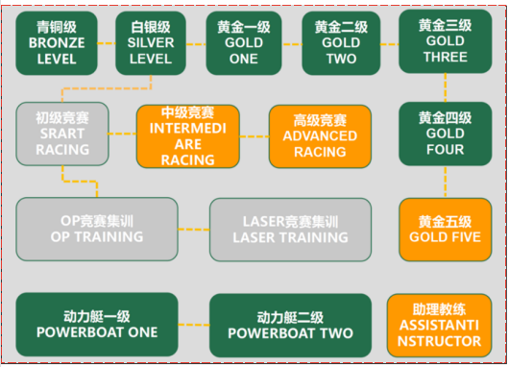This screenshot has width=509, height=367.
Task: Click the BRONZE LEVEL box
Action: point(58,44)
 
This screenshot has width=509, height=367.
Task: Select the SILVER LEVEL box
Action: point(151,44)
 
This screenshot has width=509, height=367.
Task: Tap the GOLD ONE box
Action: point(242,44)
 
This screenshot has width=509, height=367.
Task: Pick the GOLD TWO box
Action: point(341,44)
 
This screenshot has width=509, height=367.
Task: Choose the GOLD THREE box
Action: point(445,42)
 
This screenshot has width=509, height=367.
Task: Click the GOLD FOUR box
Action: point(445,134)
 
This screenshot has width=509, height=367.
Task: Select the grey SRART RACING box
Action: point(62,135)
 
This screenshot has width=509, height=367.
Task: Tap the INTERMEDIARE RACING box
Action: point(189,135)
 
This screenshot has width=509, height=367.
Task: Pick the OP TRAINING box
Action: point(96,228)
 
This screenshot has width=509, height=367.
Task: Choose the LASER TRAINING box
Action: point(290,228)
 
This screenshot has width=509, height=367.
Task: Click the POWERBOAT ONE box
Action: point(96,325)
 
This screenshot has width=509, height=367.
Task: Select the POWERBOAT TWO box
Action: point(290,325)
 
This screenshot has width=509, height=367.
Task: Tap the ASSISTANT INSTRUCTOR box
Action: point(445,325)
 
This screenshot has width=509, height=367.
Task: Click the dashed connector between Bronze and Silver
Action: point(106,44)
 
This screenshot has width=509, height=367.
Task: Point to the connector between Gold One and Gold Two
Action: point(291,44)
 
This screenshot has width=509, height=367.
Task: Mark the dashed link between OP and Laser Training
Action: point(194,229)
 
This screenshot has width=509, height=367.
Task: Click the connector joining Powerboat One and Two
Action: point(194,325)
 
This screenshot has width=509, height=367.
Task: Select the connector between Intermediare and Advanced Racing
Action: point(254,135)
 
